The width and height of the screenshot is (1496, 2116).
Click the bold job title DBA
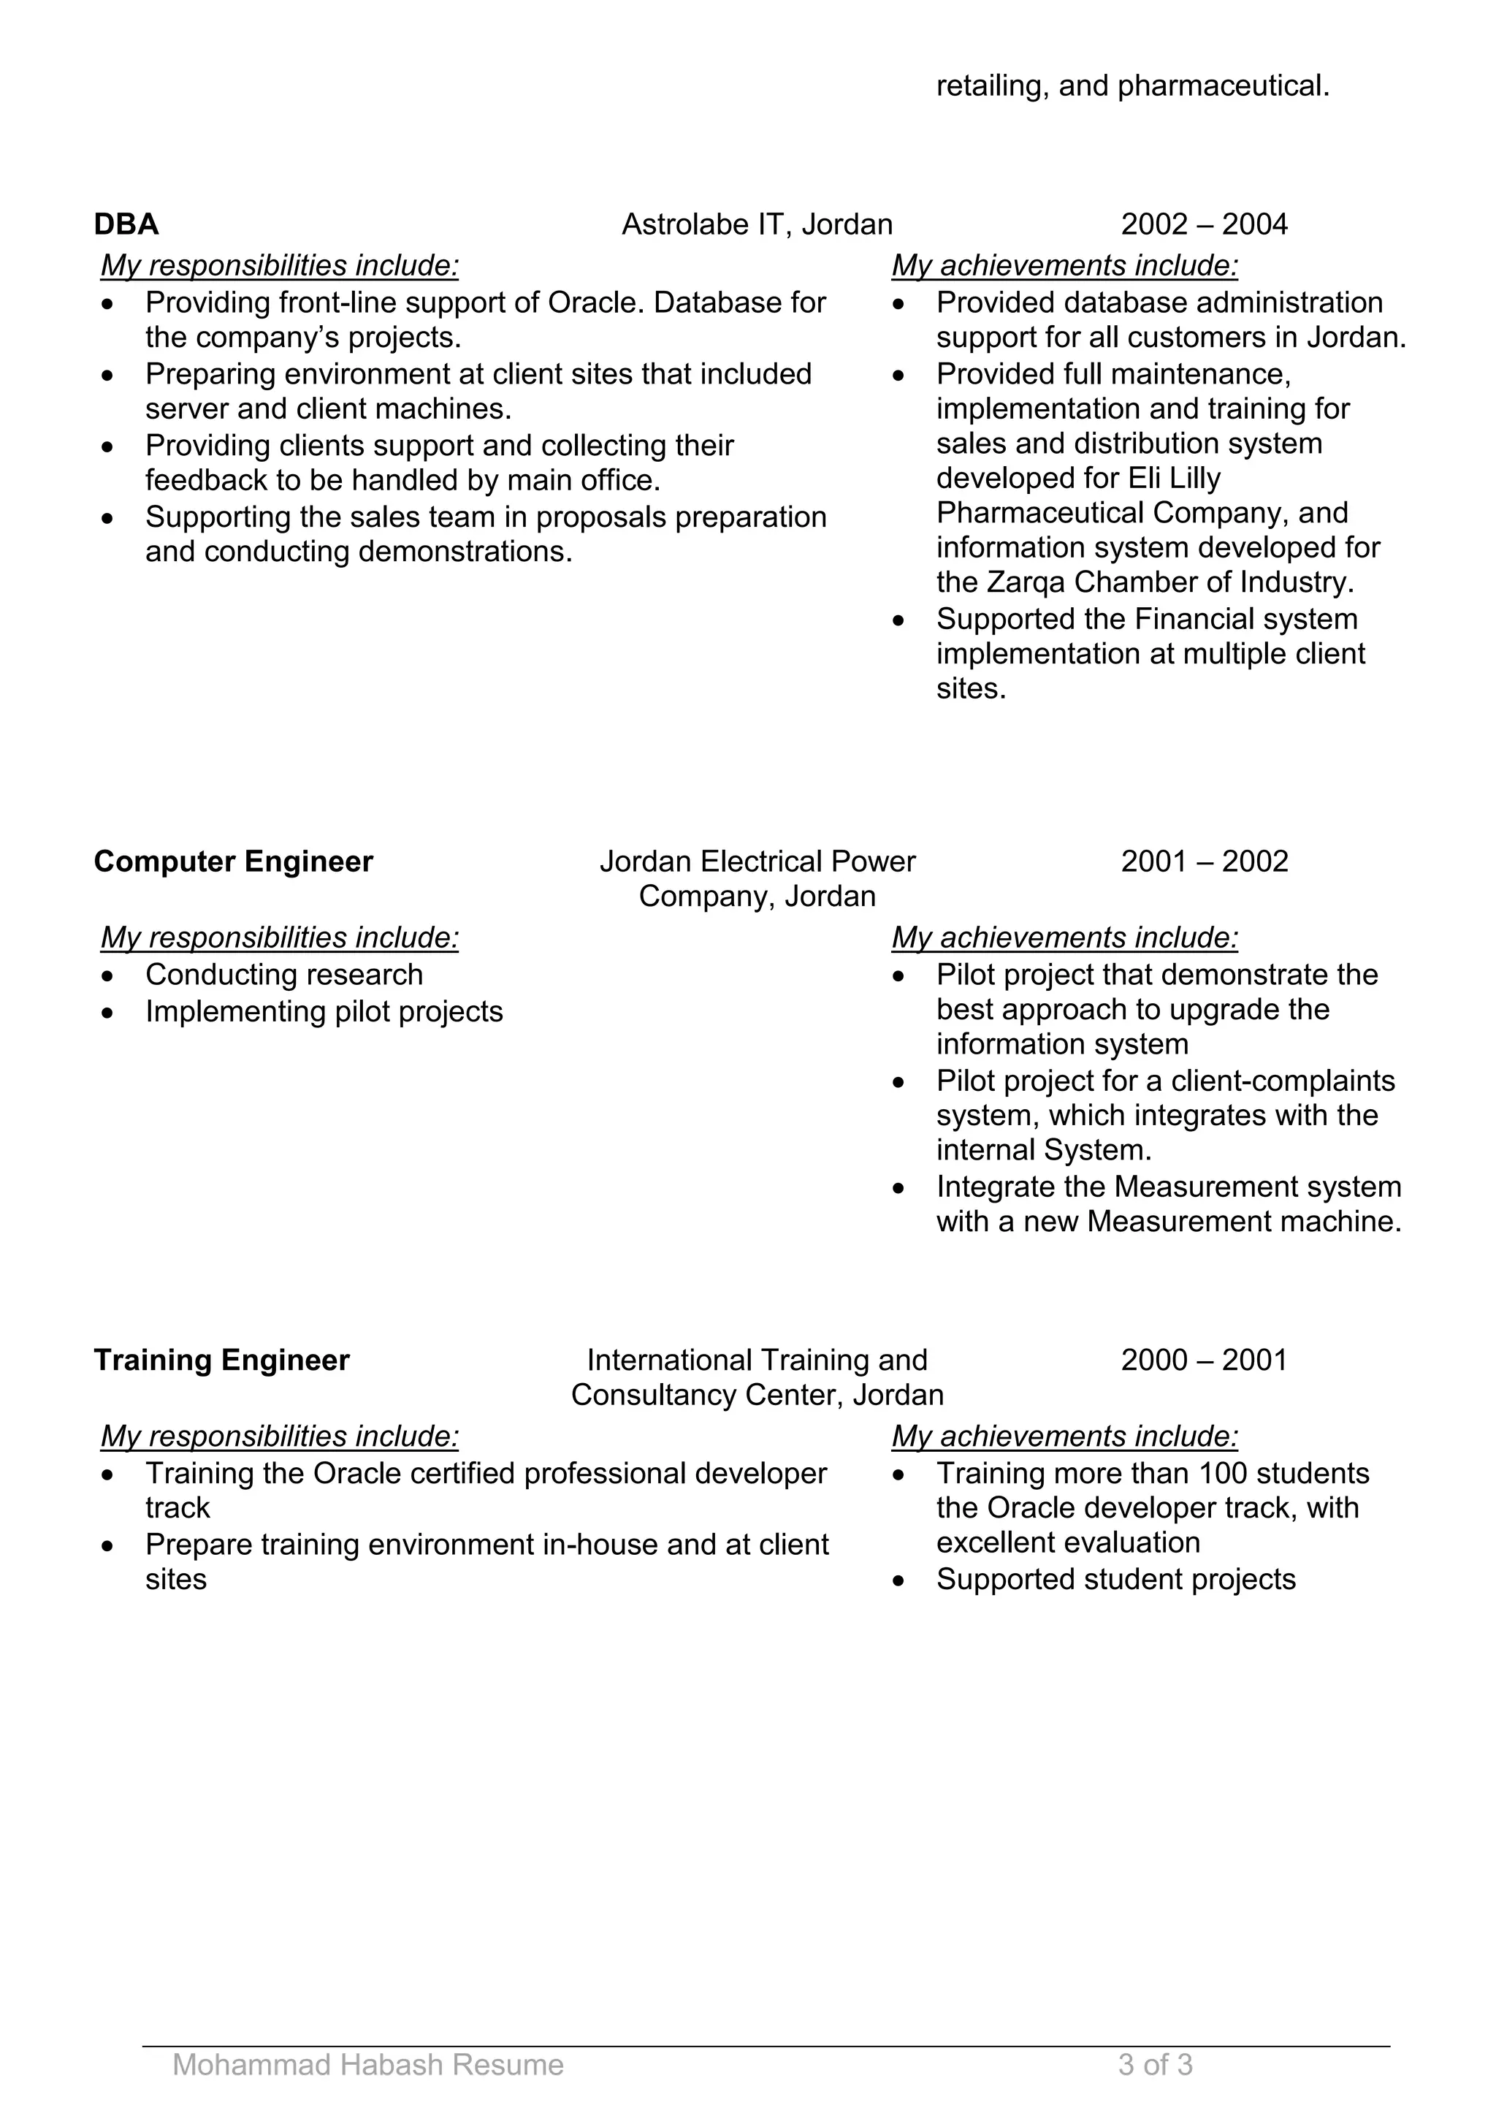(126, 224)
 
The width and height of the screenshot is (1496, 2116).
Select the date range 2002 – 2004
(1203, 224)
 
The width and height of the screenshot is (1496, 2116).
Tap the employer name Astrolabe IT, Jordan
(756, 224)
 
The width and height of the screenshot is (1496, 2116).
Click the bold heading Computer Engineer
(233, 861)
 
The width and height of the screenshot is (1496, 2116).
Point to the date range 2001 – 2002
(1203, 861)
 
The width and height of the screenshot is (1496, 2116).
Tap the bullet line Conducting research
(283, 974)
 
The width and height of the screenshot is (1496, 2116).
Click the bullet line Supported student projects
(1115, 1579)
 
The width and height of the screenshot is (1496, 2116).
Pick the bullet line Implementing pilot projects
(324, 1011)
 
